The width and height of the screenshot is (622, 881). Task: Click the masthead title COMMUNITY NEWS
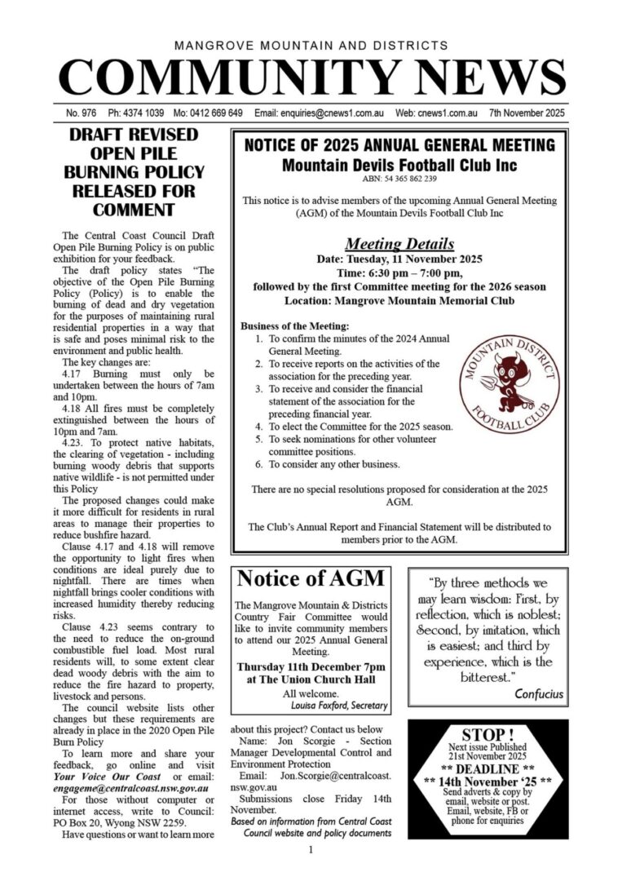coord(311,77)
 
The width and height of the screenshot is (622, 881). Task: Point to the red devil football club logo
coord(510,375)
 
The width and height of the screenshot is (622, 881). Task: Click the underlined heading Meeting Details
coord(399,243)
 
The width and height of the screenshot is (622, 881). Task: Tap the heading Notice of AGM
coord(311,580)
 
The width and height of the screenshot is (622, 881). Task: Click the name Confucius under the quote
coord(539,694)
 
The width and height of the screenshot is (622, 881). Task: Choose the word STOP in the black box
coord(487,734)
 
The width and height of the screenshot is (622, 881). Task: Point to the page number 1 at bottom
coord(311,851)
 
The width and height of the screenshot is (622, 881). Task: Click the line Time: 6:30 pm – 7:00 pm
coord(399,272)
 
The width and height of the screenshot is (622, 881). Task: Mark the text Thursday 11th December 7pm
coord(311,666)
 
